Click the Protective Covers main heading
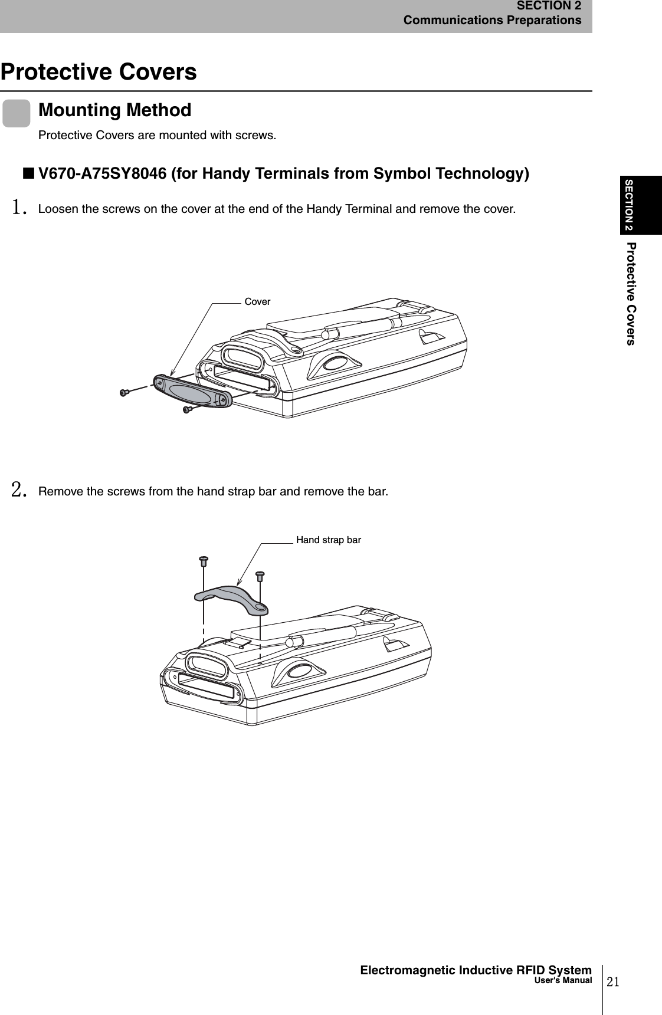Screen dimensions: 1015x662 tap(99, 72)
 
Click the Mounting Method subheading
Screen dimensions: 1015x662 tap(114, 110)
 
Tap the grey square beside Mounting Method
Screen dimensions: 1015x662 tap(16, 113)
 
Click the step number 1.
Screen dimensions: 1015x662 tap(19, 208)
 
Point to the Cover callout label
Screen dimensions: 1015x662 tap(257, 302)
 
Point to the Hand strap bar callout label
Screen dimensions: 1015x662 tap(328, 540)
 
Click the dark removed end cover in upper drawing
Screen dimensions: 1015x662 tap(192, 391)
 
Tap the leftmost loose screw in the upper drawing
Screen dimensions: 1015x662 tap(124, 392)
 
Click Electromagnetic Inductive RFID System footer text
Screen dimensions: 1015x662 tap(476, 970)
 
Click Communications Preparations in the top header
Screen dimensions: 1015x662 tap(492, 21)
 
